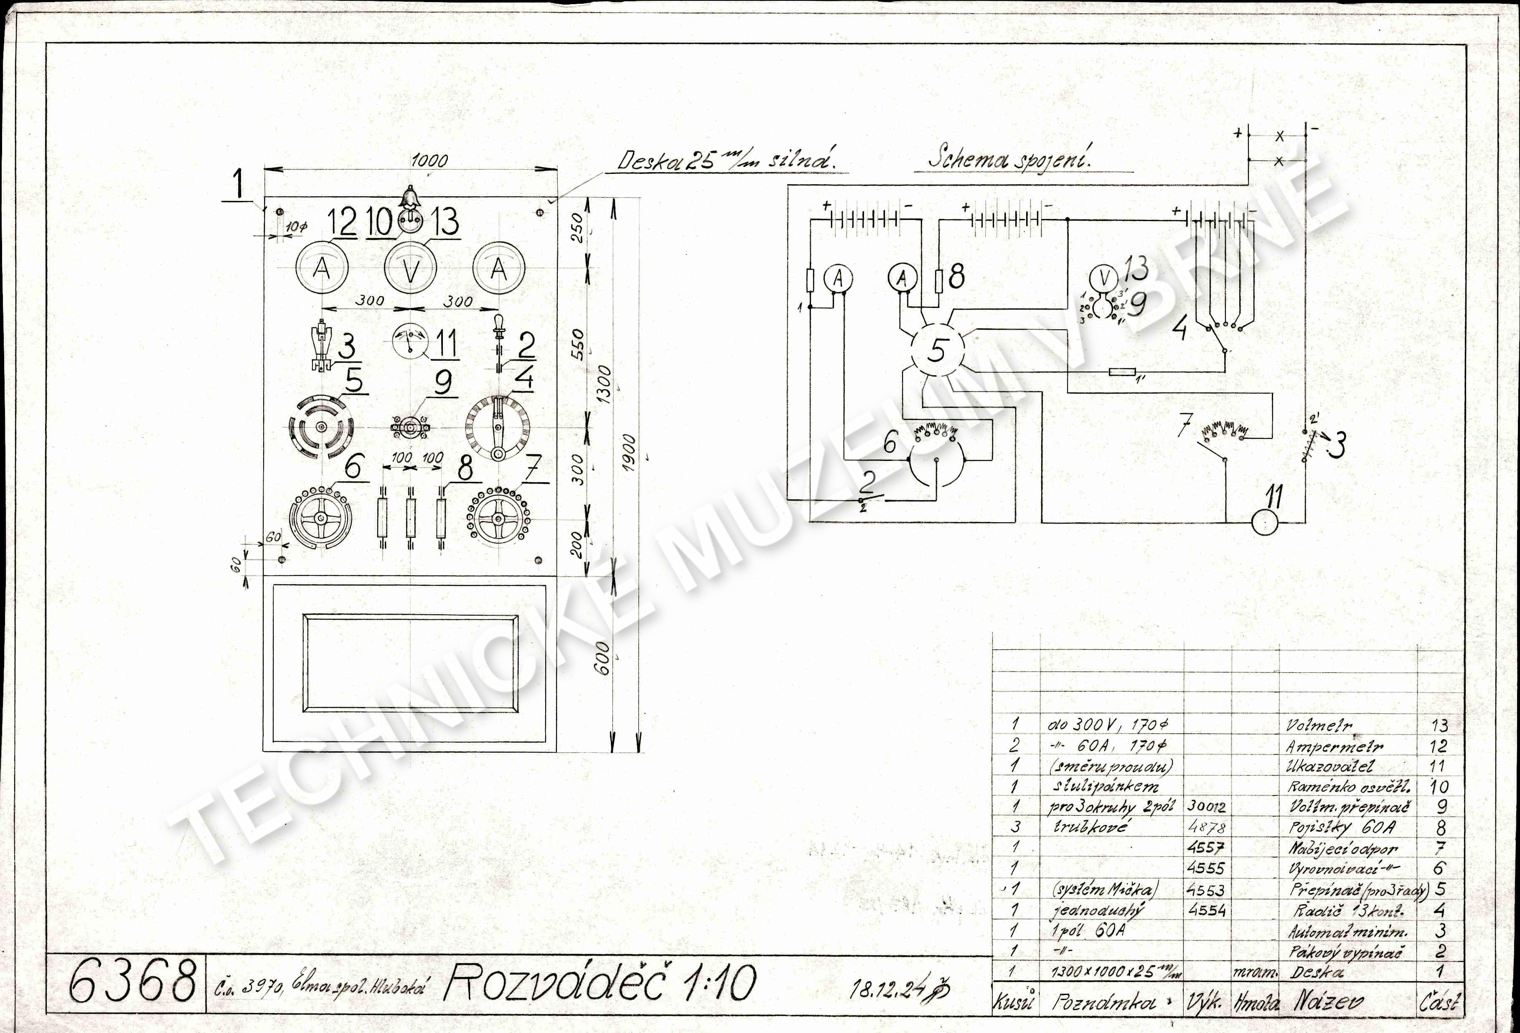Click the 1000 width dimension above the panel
point(430,161)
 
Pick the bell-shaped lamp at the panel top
point(410,196)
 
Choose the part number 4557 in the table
point(1205,848)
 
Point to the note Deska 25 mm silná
point(726,161)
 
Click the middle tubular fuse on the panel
point(411,517)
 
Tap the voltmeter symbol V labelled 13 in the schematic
point(1105,277)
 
